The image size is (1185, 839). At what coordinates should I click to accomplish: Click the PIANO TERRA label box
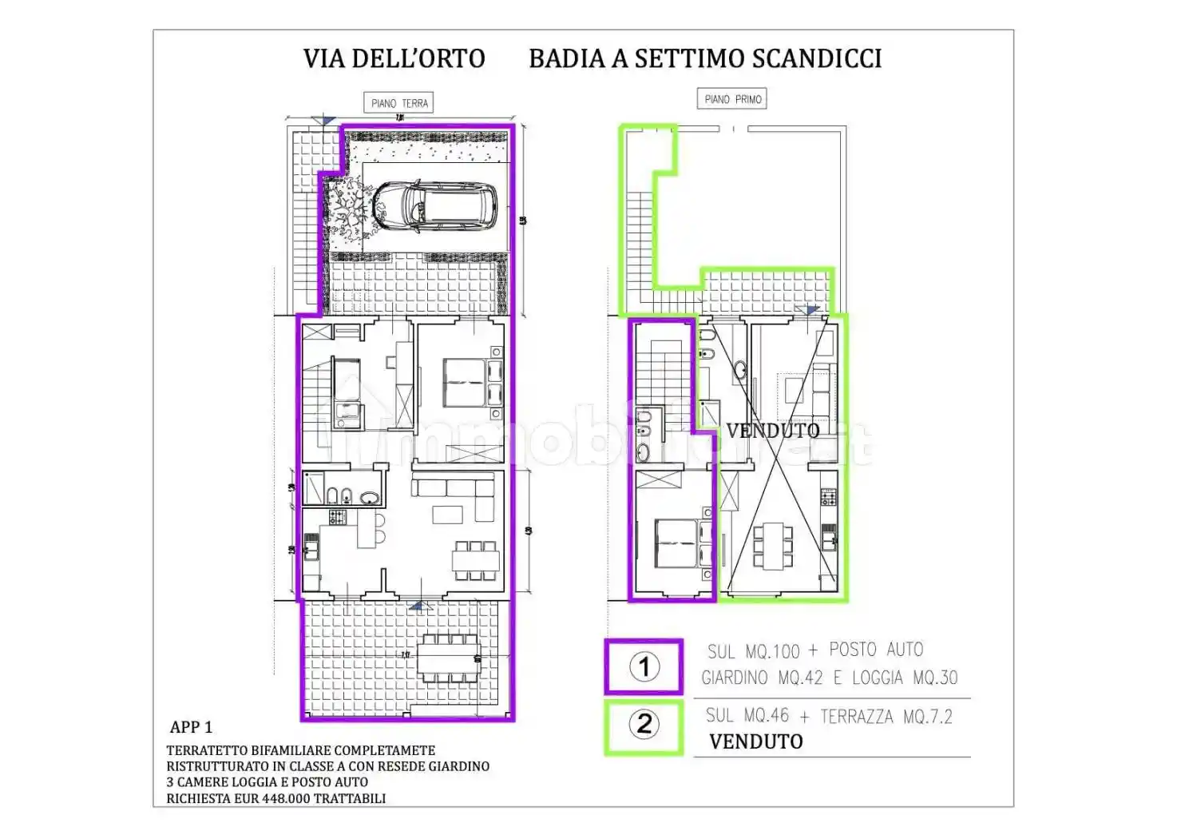pyautogui.click(x=399, y=103)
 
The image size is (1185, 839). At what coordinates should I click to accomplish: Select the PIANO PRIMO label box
pyautogui.click(x=733, y=99)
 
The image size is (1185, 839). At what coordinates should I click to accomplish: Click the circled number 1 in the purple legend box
pyautogui.click(x=644, y=666)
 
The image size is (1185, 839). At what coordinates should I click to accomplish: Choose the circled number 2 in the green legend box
pyautogui.click(x=644, y=726)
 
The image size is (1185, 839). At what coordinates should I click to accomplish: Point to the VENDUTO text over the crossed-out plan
pyautogui.click(x=772, y=431)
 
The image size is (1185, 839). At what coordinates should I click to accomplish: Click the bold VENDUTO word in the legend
pyautogui.click(x=755, y=742)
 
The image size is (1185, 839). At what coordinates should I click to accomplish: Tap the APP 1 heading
pyautogui.click(x=191, y=727)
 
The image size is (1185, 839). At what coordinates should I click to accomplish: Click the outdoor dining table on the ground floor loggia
pyautogui.click(x=449, y=657)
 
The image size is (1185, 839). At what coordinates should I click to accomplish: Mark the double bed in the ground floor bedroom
pyautogui.click(x=465, y=383)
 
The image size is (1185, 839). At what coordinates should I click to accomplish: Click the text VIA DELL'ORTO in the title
pyautogui.click(x=394, y=58)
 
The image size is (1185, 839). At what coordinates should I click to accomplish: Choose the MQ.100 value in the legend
pyautogui.click(x=772, y=651)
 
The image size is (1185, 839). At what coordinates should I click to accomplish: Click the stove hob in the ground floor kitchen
pyautogui.click(x=339, y=517)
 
